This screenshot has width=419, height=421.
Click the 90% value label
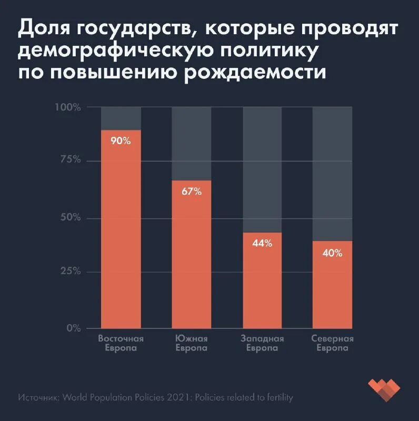click(121, 141)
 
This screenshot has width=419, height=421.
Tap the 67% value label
click(192, 192)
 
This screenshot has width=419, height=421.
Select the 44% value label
click(262, 243)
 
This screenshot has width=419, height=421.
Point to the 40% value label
click(332, 253)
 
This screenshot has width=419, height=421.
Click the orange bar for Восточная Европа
click(121, 237)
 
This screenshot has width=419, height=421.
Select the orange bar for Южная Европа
click(192, 263)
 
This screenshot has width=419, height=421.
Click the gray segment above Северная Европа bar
click(332, 174)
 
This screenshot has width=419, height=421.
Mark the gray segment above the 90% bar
click(121, 118)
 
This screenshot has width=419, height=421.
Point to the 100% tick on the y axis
click(68, 107)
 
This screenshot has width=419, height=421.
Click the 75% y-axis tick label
click(70, 160)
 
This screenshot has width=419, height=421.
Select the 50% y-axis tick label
click(70, 217)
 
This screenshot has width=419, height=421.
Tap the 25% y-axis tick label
click(70, 272)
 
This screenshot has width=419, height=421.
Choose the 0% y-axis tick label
click(73, 328)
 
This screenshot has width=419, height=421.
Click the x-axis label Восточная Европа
click(121, 343)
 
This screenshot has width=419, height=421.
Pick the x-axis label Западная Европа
click(262, 343)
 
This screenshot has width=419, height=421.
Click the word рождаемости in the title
click(255, 72)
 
